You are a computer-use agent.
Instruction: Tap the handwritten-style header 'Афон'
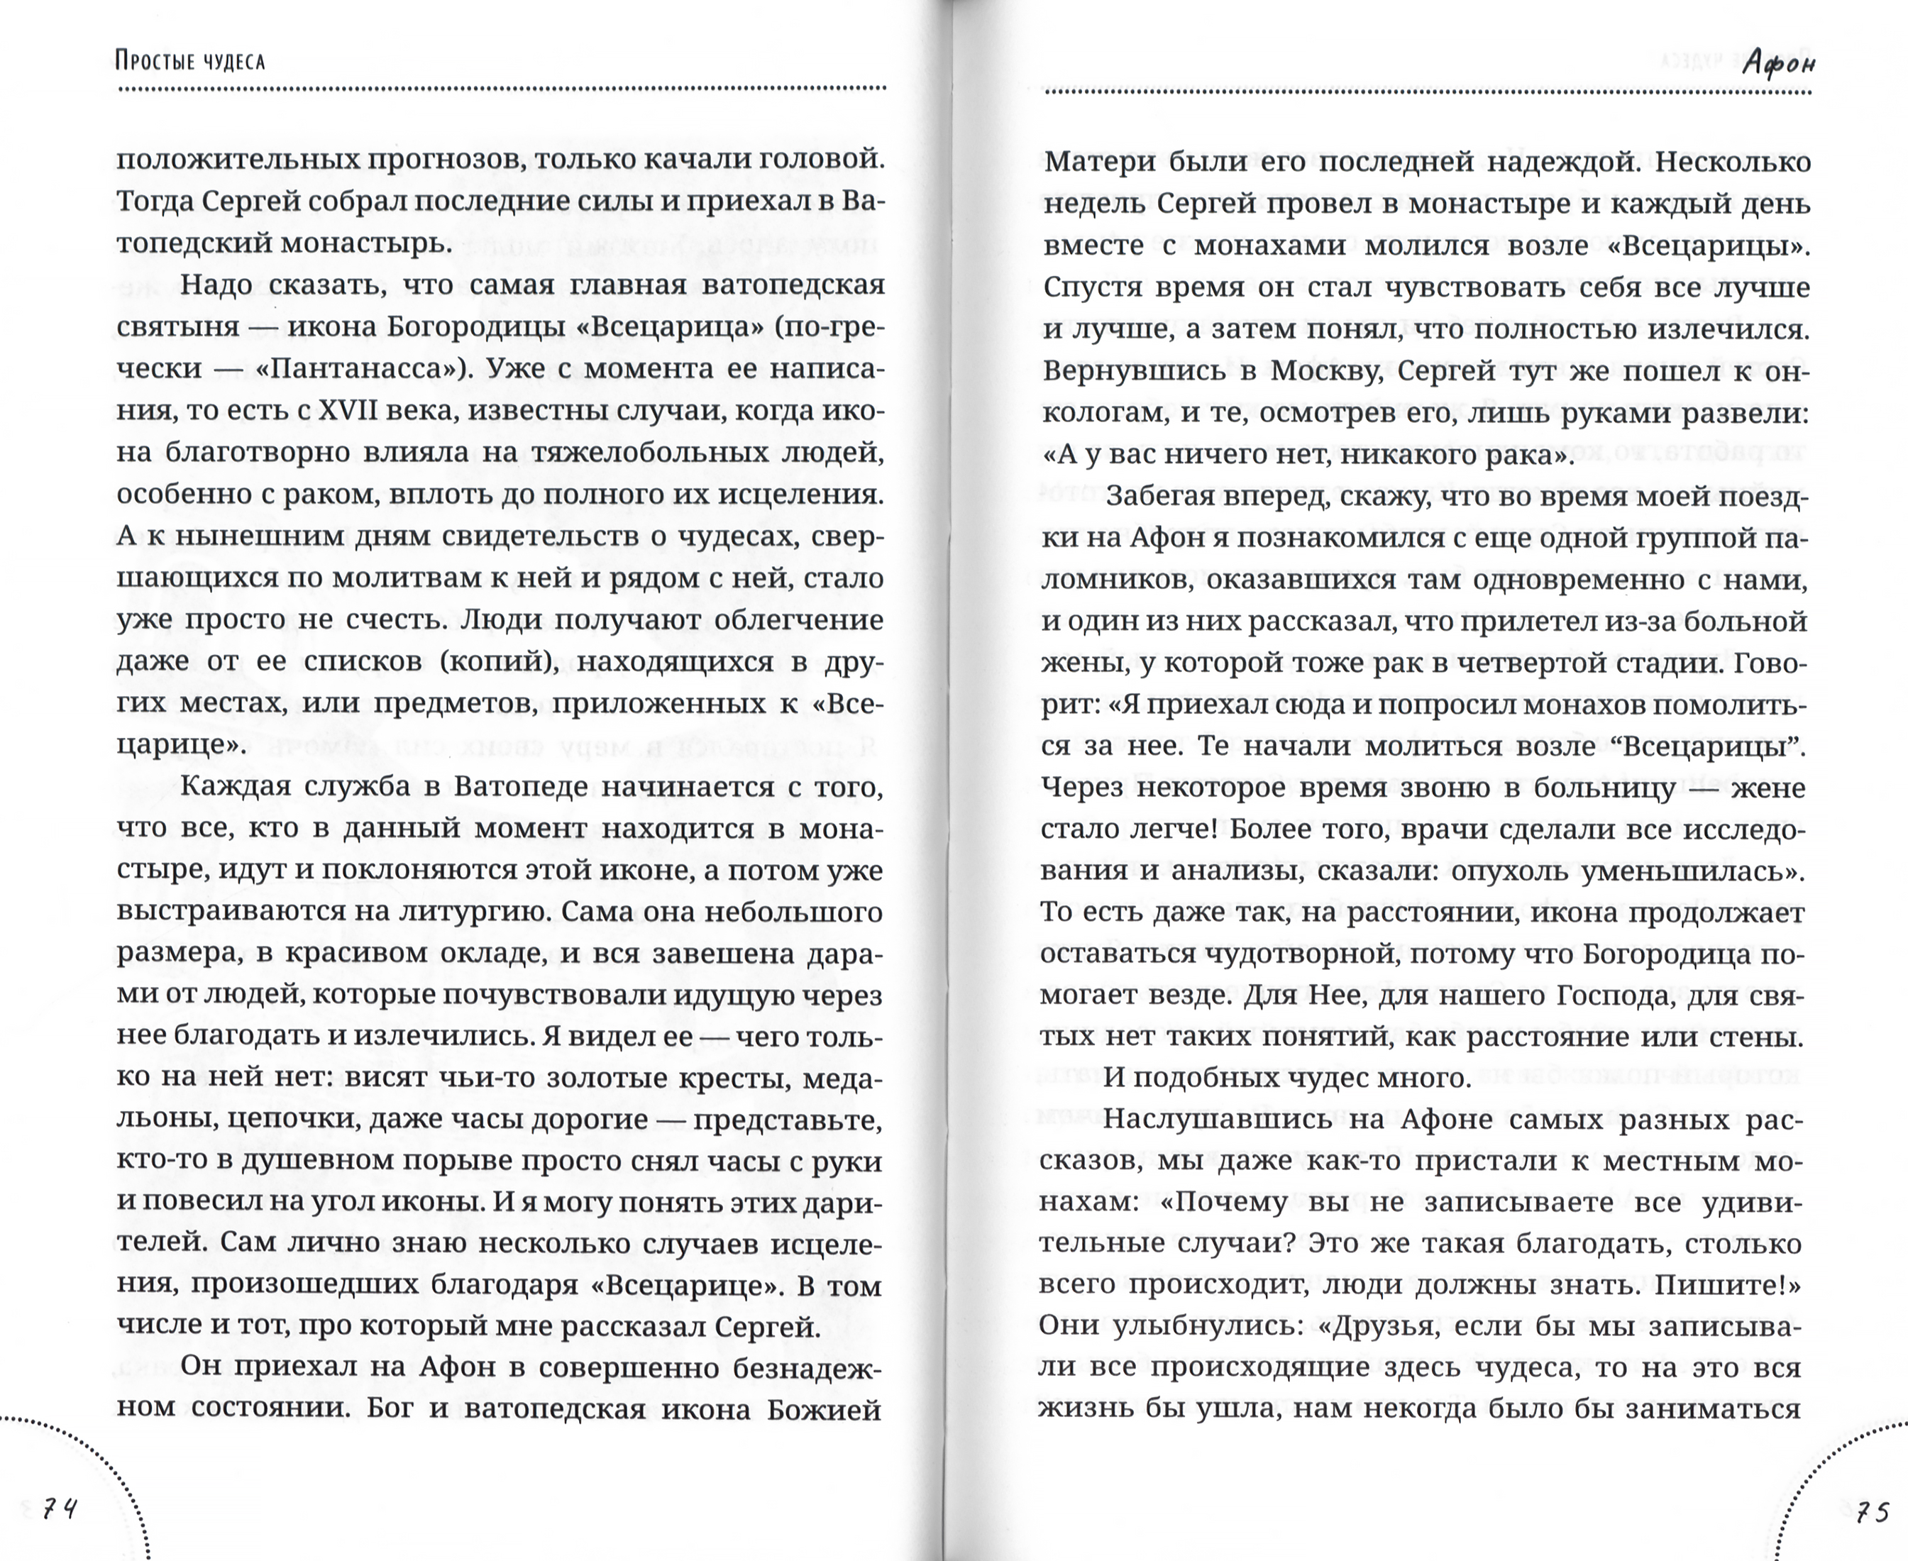point(1777,63)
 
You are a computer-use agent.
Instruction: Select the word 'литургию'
point(472,912)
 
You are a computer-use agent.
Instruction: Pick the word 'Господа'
point(1606,995)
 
